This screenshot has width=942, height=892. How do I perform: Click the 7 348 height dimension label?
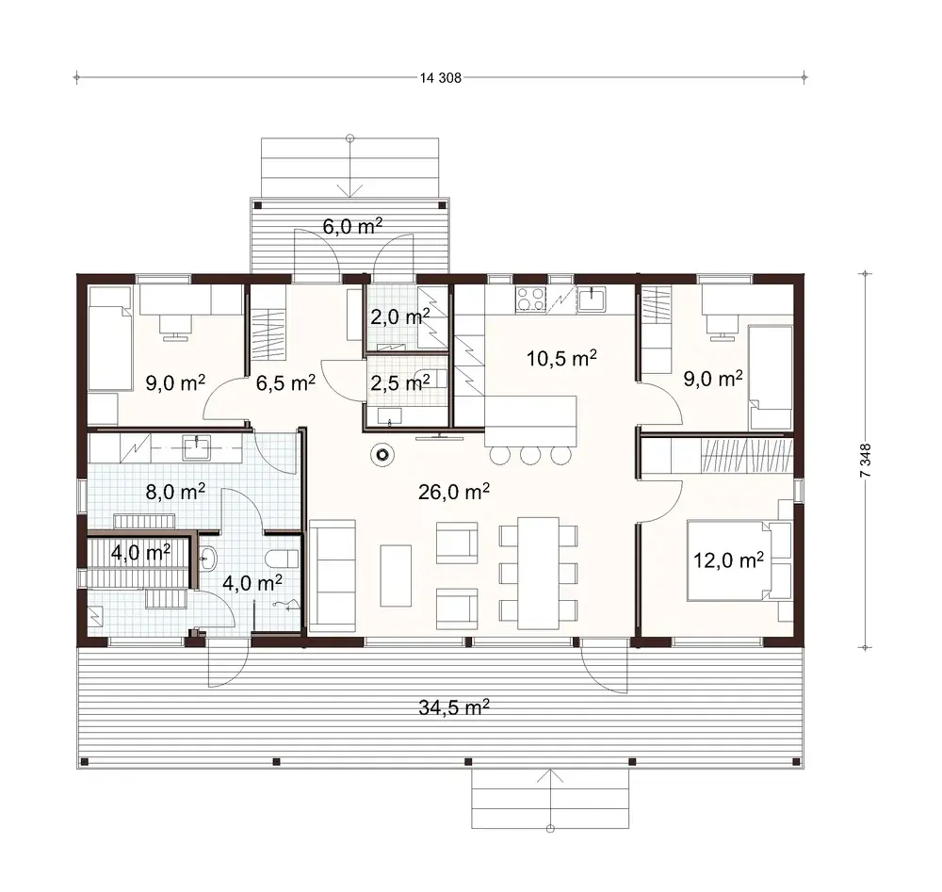[x=865, y=462]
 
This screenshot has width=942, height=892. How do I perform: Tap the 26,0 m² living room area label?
[x=455, y=491]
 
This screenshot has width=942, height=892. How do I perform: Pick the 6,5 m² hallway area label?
[x=285, y=382]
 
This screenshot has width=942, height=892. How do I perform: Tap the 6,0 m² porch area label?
[x=352, y=225]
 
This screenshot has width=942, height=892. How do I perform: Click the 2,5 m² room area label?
[x=399, y=382]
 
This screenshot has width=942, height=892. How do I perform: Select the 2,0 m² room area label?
[x=399, y=316]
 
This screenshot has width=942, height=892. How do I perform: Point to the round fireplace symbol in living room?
[x=382, y=456]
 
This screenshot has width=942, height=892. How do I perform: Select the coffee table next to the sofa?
[x=396, y=575]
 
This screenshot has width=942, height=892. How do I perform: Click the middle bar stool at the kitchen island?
[x=529, y=456]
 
